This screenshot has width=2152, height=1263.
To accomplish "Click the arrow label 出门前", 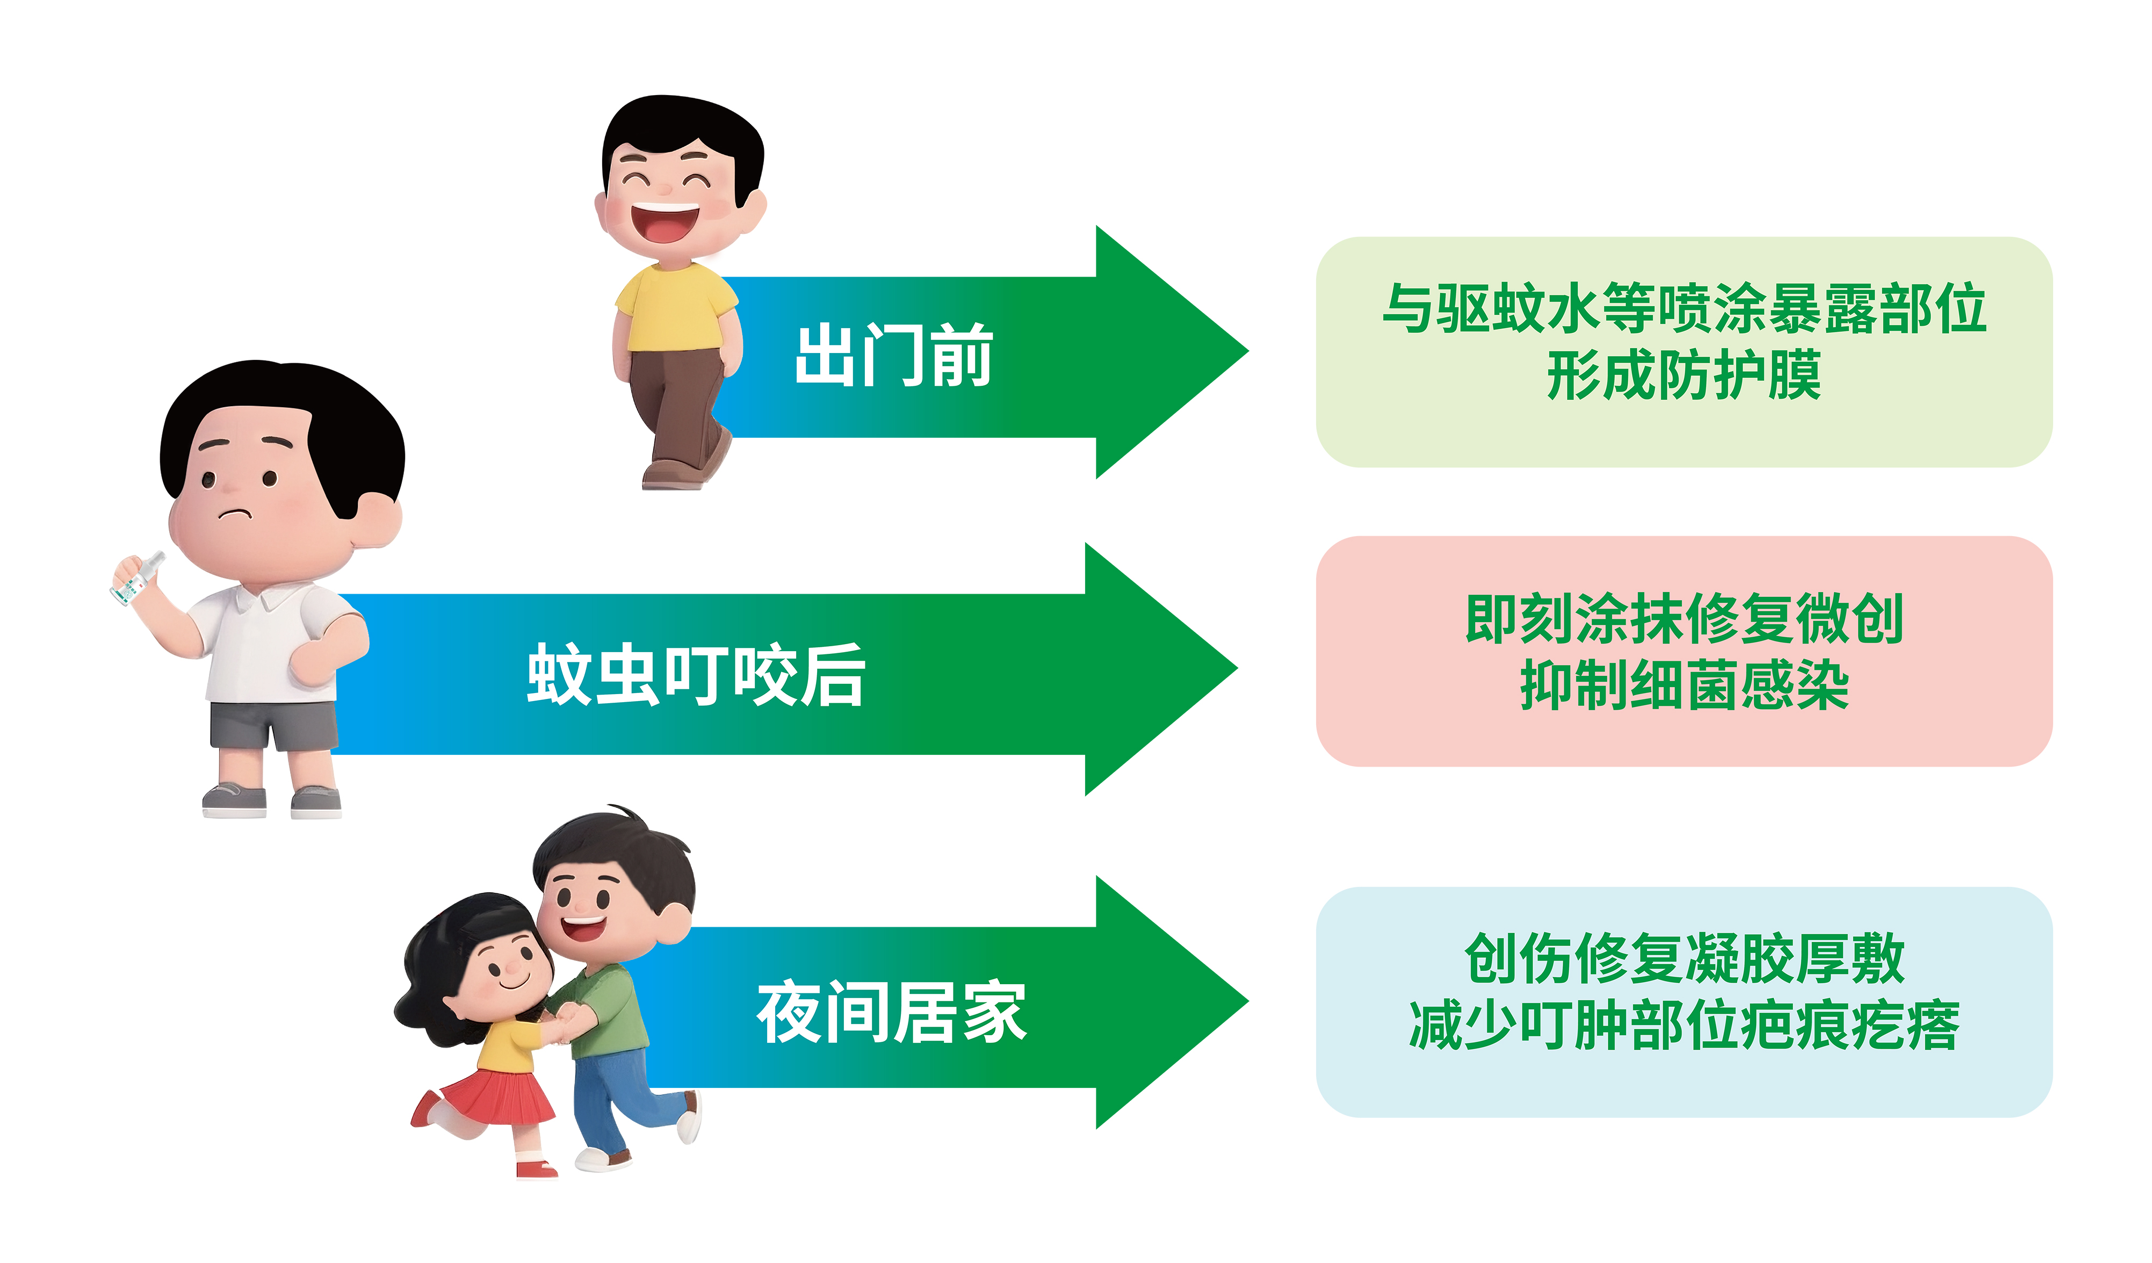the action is click(894, 355).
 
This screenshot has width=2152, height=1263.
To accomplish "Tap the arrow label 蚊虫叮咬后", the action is click(696, 675).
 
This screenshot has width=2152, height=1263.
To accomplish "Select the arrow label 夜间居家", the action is click(892, 1013).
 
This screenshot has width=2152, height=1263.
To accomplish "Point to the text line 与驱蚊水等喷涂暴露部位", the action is click(1684, 308).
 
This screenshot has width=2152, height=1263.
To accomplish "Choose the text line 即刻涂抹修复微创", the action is click(1684, 618).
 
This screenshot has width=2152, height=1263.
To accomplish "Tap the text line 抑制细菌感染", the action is click(1684, 685).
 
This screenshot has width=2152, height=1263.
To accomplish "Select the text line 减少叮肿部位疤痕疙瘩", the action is click(1684, 1025).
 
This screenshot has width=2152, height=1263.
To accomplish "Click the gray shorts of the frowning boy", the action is click(274, 726).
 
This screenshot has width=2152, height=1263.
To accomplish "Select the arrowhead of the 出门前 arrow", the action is click(1172, 352).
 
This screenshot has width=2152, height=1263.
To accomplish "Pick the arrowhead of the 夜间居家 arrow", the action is click(1172, 1002).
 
